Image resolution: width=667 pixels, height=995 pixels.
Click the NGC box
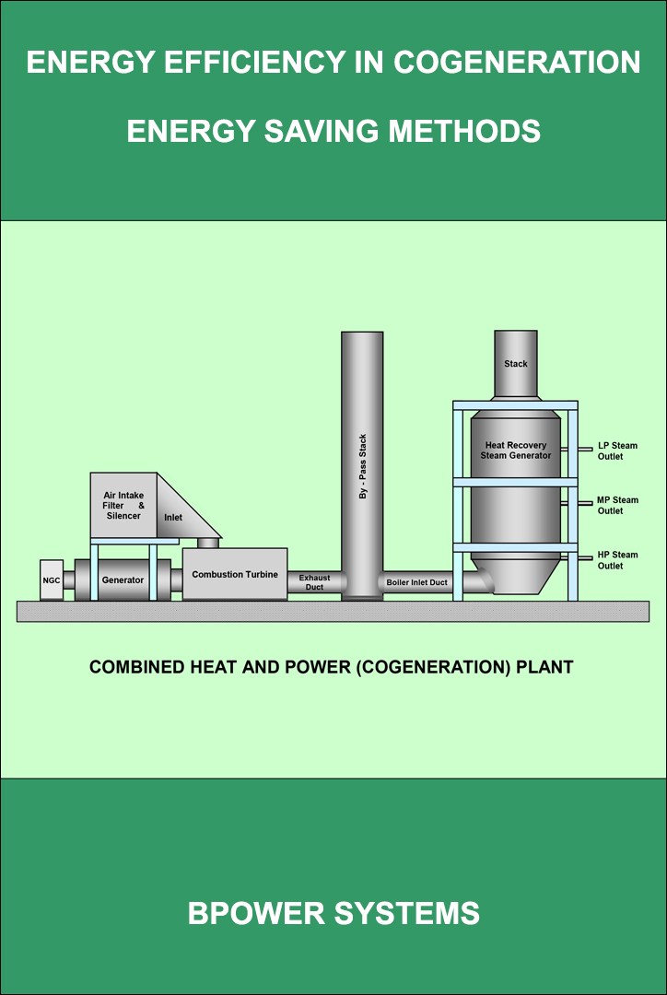coord(52,579)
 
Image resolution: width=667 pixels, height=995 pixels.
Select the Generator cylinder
coord(123,579)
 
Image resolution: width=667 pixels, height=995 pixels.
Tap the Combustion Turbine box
coord(235,574)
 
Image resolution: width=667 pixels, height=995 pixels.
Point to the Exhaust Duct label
coord(314,582)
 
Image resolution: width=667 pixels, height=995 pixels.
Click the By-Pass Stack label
coord(362,467)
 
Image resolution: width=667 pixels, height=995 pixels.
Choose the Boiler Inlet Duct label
coord(417,582)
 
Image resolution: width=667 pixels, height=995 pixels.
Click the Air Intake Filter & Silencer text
coord(123,506)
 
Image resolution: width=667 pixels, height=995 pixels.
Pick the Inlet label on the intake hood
coord(173,518)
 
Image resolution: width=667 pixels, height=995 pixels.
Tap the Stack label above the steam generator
coord(516,364)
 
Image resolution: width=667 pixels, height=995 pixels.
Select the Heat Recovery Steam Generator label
coord(516,451)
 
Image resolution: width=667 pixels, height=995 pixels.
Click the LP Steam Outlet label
coord(617,451)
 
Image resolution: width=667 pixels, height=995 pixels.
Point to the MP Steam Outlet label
coord(617,506)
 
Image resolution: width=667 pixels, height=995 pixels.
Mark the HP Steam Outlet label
coord(617,560)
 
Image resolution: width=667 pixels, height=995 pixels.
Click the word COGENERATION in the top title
coord(518,63)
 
